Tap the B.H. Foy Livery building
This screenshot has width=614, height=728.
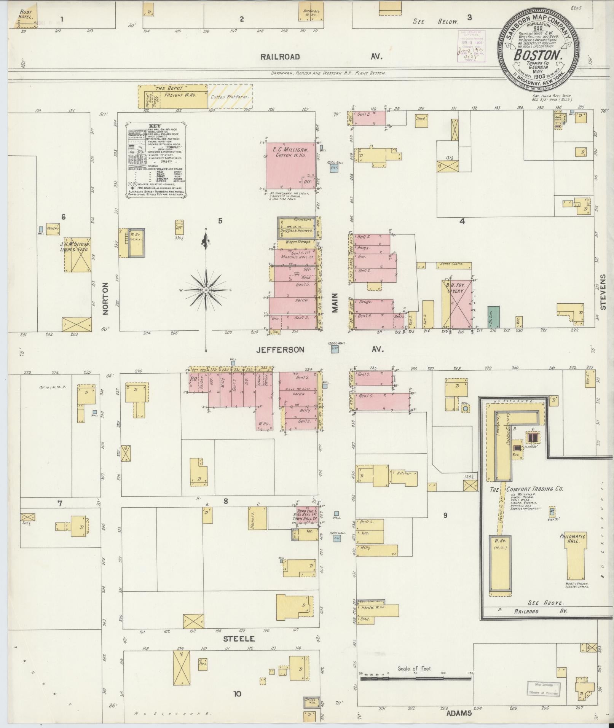pyautogui.click(x=457, y=304)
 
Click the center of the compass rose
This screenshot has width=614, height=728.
pyautogui.click(x=206, y=290)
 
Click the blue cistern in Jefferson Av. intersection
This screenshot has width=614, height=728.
pyautogui.click(x=335, y=349)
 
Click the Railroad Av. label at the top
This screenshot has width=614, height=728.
pyautogui.click(x=280, y=57)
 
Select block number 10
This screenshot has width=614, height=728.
pyautogui.click(x=237, y=694)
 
